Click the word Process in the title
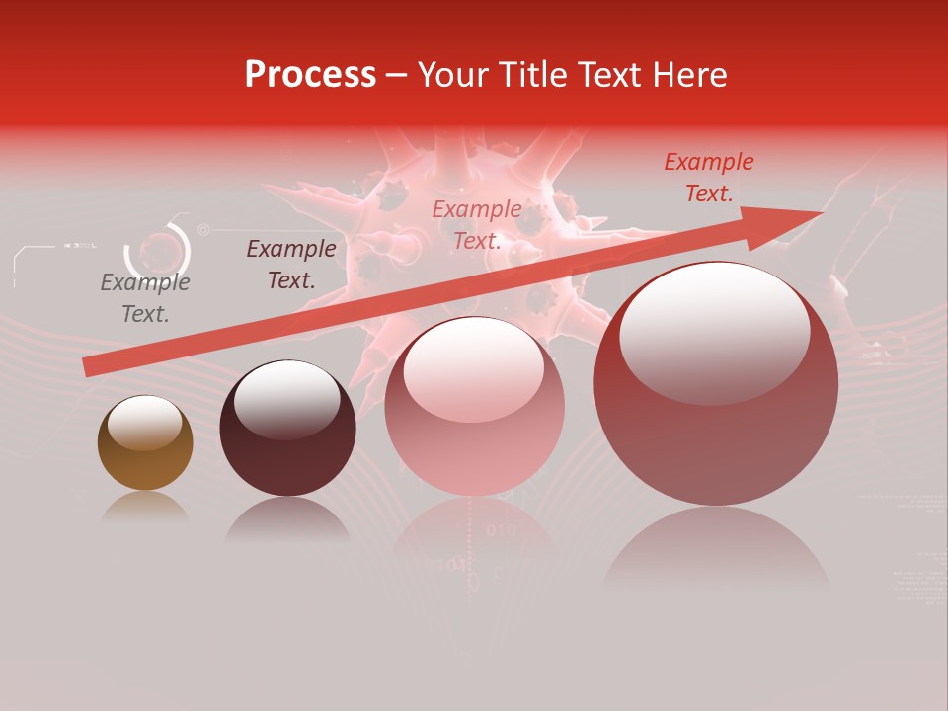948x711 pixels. [x=310, y=75]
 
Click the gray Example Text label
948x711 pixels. [x=145, y=298]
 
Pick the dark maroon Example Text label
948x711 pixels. [x=291, y=265]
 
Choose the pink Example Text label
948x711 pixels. [x=477, y=225]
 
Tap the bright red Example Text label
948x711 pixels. [x=709, y=178]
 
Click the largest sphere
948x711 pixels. [x=716, y=434]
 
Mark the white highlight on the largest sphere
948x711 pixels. [x=714, y=331]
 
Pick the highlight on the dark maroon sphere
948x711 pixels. [x=286, y=400]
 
